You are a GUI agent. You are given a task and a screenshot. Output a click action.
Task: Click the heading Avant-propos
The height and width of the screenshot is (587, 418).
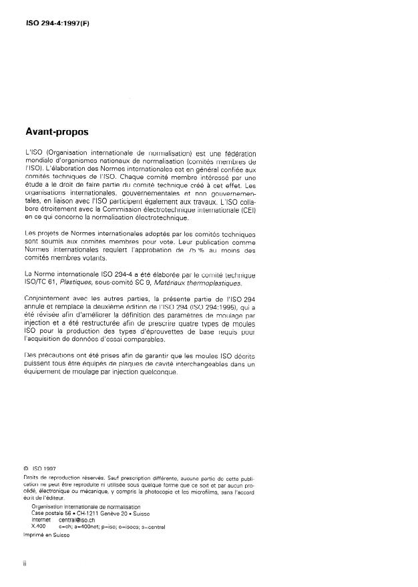click(57, 133)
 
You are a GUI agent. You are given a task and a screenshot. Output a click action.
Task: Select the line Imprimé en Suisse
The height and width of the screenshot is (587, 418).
click(46, 534)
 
